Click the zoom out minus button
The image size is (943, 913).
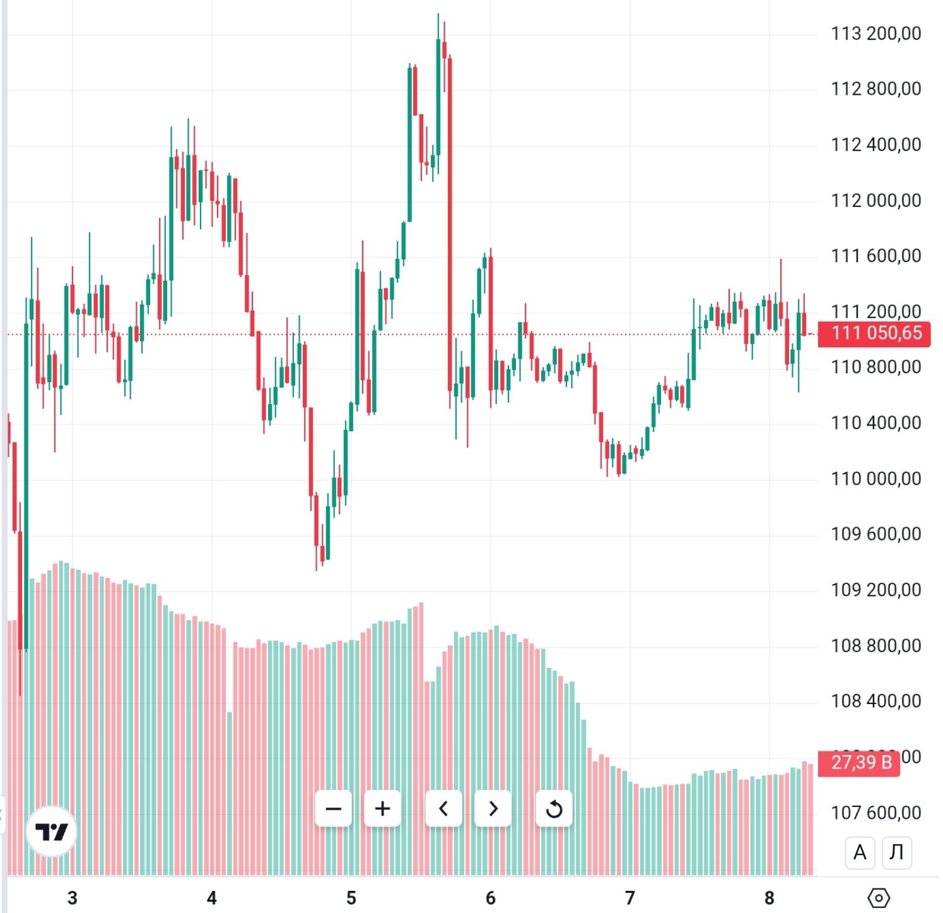[x=333, y=809]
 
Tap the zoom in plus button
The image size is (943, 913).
[x=382, y=809]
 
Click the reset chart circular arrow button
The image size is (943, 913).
[x=554, y=809]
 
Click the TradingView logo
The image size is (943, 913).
[x=51, y=832]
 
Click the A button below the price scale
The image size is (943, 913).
[x=860, y=852]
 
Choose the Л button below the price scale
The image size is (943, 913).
[x=896, y=852]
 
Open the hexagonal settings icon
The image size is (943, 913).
[x=879, y=897]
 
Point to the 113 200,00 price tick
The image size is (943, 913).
[x=876, y=33]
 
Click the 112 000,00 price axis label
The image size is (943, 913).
[x=876, y=201]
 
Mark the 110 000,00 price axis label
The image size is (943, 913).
[x=876, y=479]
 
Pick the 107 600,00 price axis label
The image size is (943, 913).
[x=876, y=813]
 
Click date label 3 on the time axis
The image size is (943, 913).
[x=73, y=898]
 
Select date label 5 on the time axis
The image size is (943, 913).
[x=351, y=898]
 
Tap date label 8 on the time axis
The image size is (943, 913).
[x=769, y=898]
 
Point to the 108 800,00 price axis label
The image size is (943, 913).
[x=876, y=646]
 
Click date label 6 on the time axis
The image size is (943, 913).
[x=491, y=898]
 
